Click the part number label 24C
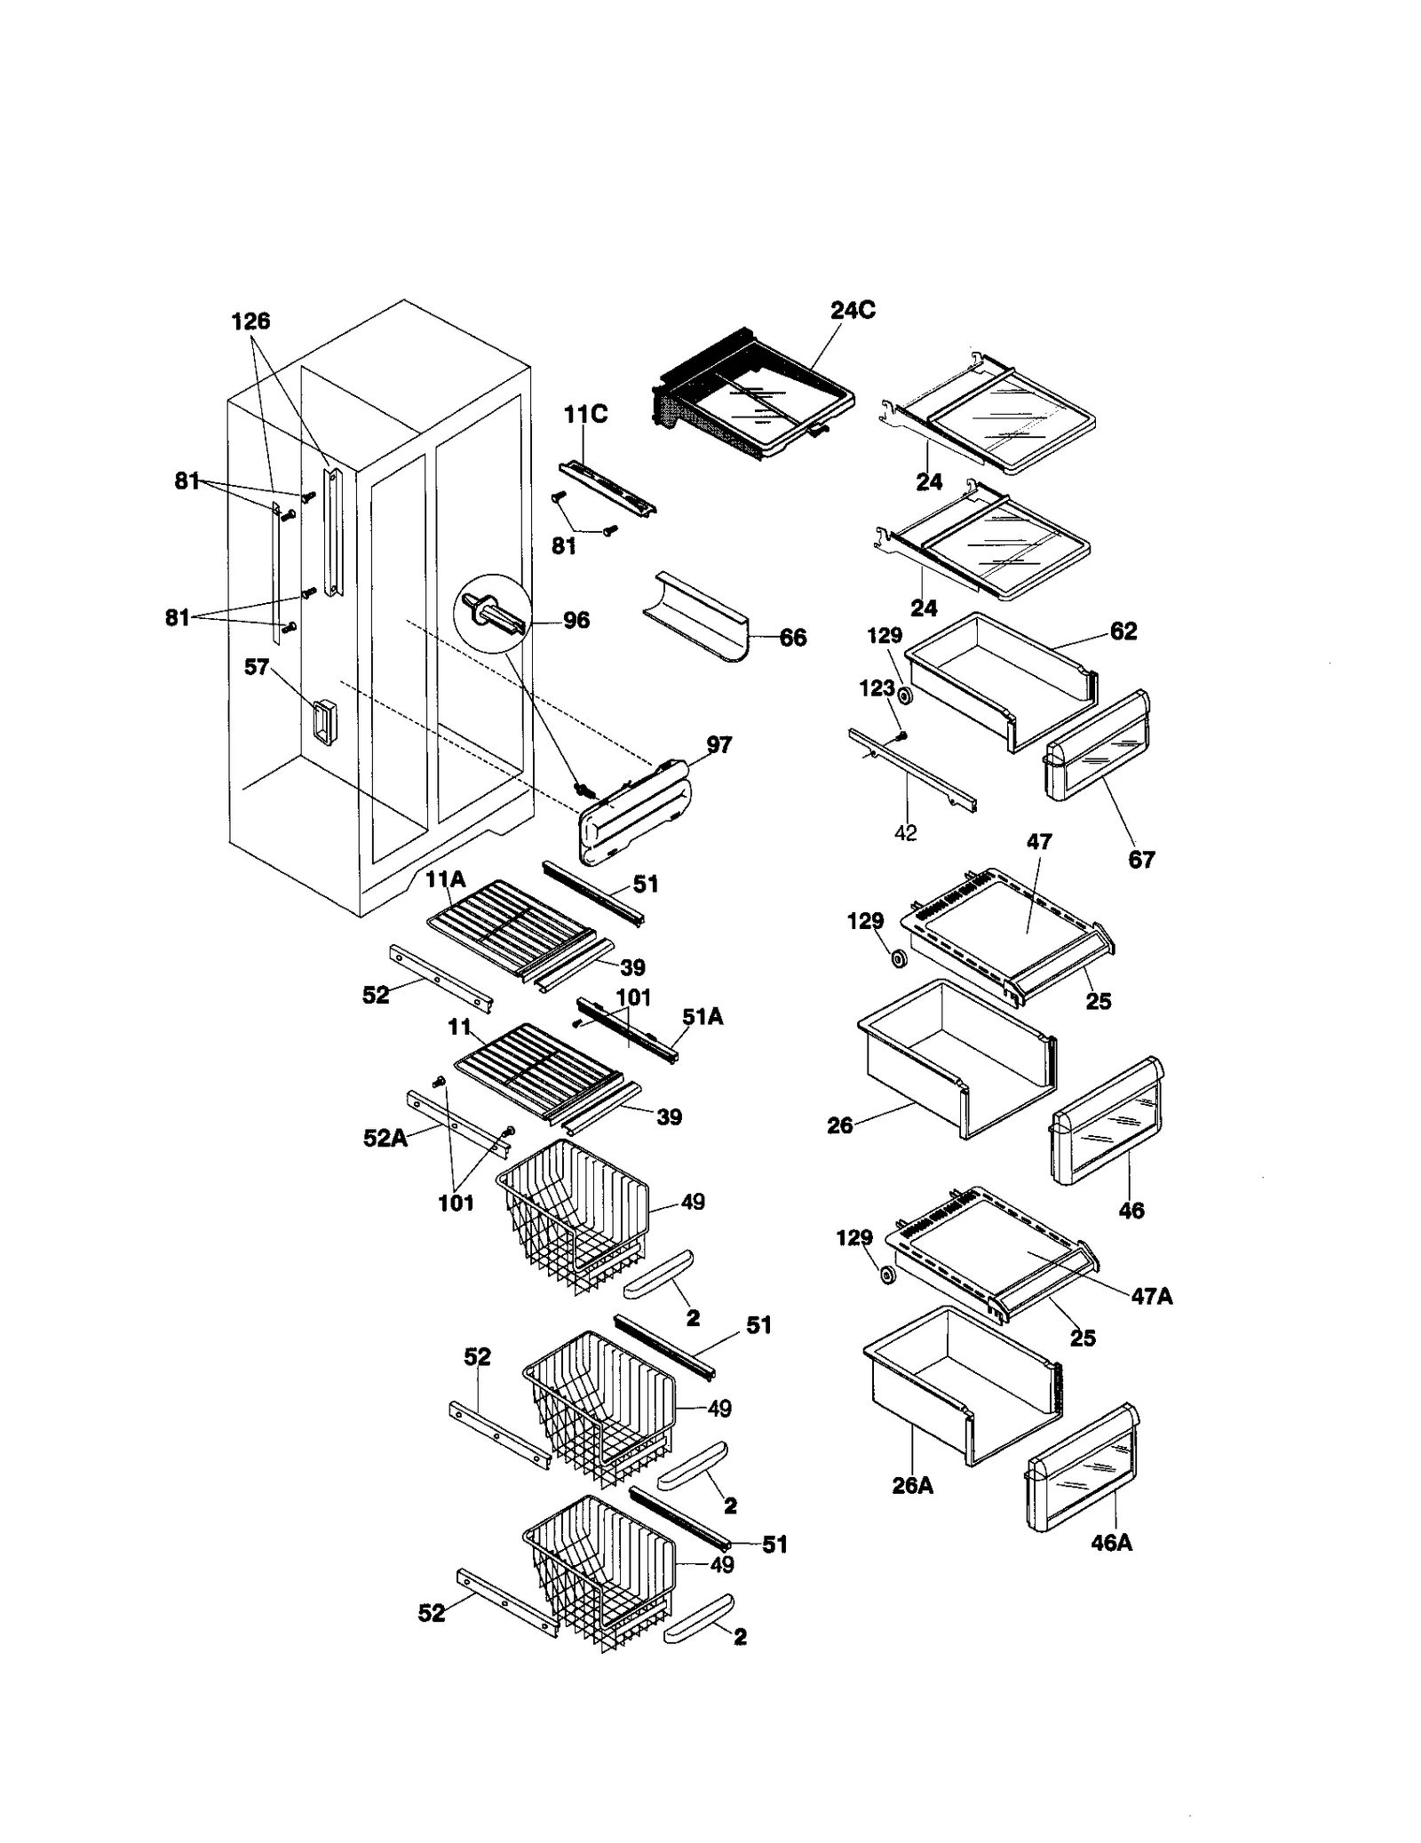click(x=852, y=310)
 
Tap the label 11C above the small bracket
click(x=585, y=414)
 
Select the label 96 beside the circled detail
click(x=576, y=620)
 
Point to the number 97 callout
click(x=718, y=744)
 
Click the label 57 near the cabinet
click(x=257, y=666)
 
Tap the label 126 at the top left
click(x=250, y=322)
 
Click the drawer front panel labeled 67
click(x=1098, y=746)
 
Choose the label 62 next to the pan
click(x=1123, y=631)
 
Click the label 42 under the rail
click(x=905, y=833)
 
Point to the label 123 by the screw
click(x=877, y=688)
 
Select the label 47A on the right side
click(x=1151, y=1296)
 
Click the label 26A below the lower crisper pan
click(x=912, y=1485)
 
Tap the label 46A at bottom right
click(x=1111, y=1543)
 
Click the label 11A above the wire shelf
click(x=445, y=879)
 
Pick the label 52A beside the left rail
click(x=385, y=1138)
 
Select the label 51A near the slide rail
click(x=702, y=1017)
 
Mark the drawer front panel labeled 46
click(x=1107, y=1121)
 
